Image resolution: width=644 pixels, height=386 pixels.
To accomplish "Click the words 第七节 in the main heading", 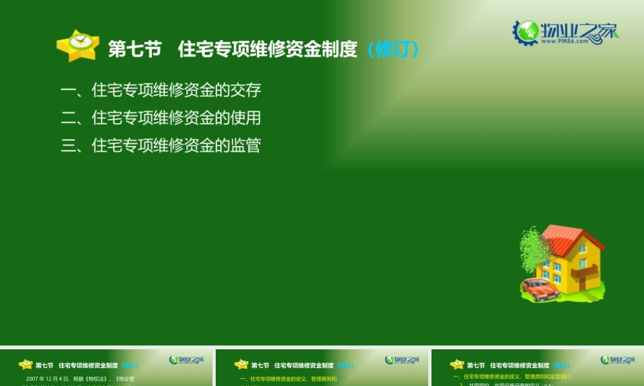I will click(x=135, y=50).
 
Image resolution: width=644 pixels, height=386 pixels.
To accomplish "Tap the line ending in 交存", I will click(x=161, y=90).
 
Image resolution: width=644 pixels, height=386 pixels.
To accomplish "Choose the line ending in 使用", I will click(x=161, y=118).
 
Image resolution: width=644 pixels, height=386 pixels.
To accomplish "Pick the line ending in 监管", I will click(x=161, y=145).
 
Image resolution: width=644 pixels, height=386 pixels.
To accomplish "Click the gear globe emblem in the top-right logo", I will click(x=526, y=32).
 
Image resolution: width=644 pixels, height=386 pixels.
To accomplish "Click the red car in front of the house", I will click(x=540, y=289).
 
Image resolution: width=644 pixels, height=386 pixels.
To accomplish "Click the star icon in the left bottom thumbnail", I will click(x=26, y=364).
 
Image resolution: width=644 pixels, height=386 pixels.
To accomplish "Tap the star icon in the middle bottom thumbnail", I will click(x=241, y=364).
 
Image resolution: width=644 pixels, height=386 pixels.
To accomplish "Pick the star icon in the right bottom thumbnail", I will click(x=457, y=364).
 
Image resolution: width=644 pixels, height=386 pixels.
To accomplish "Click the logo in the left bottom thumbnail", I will click(x=186, y=360).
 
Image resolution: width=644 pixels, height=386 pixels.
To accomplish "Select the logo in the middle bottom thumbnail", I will click(x=402, y=360).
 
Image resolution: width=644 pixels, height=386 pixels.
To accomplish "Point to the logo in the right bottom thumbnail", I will click(x=617, y=360).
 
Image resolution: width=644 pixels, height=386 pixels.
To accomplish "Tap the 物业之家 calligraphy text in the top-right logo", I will click(x=577, y=30).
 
